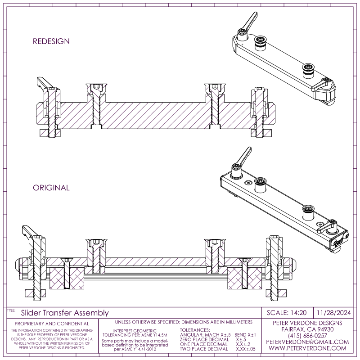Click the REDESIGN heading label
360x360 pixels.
pyautogui.click(x=51, y=41)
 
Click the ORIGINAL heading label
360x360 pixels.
pyautogui.click(x=51, y=188)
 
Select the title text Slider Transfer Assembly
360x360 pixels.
pyautogui.click(x=65, y=313)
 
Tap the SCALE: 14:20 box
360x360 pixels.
pyautogui.click(x=286, y=313)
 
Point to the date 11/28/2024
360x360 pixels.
pyautogui.click(x=334, y=313)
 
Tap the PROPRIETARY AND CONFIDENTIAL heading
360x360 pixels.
pyautogui.click(x=52, y=324)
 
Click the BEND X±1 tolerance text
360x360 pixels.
pyautogui.click(x=245, y=335)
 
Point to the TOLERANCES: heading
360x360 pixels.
pyautogui.click(x=195, y=331)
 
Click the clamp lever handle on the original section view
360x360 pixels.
pyautogui.click(x=28, y=232)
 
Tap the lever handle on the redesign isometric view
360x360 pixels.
pyautogui.click(x=248, y=21)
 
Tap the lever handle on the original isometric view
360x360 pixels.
pyautogui.click(x=243, y=155)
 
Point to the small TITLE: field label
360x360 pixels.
pyautogui.click(x=11, y=310)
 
